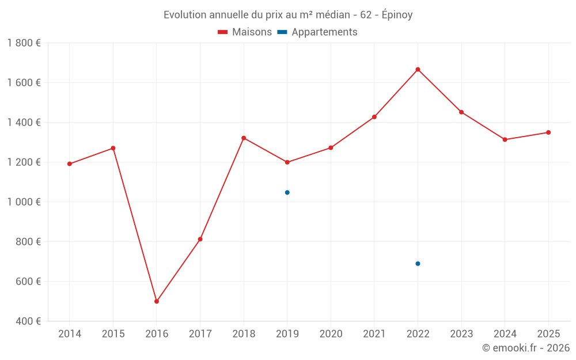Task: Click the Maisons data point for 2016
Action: coord(157,301)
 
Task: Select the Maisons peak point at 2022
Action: coord(418,70)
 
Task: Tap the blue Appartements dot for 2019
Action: coord(287,192)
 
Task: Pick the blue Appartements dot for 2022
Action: coord(418,264)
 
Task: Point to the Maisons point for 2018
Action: coord(244,138)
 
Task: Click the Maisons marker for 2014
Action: coord(70,164)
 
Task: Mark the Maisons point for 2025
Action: coord(548,132)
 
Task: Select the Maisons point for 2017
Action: coord(200,239)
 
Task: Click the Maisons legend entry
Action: coord(245,32)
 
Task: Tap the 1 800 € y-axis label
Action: coord(24,43)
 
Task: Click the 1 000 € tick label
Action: coord(24,202)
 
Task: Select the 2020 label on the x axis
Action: coord(331,334)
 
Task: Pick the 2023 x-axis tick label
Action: coord(461,334)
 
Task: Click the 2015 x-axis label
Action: coord(113,334)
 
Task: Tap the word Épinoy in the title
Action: coord(397,15)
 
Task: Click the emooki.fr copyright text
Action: coord(526,348)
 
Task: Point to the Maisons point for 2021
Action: coord(374,117)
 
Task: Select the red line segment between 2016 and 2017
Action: coord(179,270)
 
